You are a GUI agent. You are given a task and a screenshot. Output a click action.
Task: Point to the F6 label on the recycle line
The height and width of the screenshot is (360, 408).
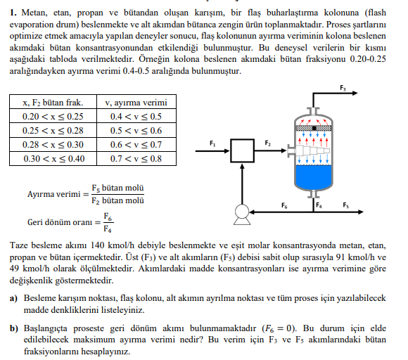283,206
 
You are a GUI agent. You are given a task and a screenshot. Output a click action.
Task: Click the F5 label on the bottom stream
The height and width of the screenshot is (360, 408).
345,206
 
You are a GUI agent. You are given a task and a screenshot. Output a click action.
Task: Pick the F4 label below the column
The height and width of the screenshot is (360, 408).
319,206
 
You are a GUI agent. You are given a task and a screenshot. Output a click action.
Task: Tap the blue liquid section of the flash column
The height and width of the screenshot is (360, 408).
317,173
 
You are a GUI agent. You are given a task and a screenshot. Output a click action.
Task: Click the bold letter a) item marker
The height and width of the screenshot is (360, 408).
13,298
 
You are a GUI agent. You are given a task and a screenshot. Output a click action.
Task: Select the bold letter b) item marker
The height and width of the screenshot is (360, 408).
13,327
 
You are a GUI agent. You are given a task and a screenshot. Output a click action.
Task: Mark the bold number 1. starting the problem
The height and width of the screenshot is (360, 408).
13,13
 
